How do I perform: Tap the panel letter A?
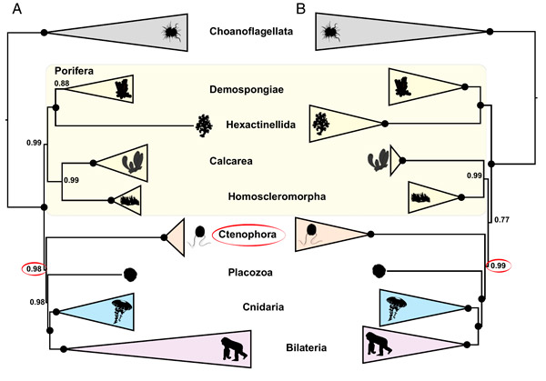pos(15,10)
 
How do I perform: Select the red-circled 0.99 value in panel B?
pos(498,266)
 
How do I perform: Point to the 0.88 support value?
pos(61,84)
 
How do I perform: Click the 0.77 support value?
pos(500,219)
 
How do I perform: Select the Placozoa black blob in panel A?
pos(131,273)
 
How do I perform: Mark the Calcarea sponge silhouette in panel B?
pos(377,160)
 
